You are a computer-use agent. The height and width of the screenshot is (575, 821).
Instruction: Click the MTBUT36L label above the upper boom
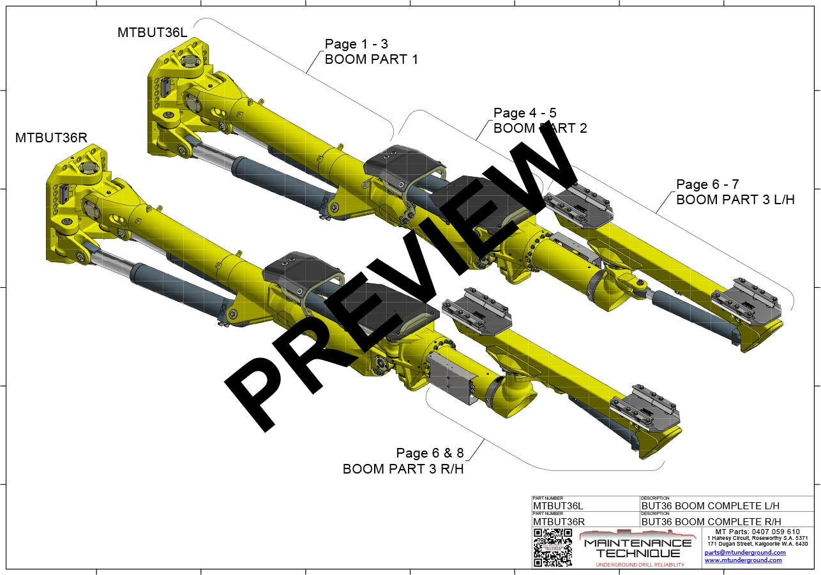pos(153,32)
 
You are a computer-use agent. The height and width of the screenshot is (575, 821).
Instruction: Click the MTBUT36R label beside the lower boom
pos(50,137)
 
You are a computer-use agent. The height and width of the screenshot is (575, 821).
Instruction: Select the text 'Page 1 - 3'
pos(356,44)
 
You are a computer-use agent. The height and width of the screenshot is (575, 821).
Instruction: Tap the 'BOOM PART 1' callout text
pos(372,59)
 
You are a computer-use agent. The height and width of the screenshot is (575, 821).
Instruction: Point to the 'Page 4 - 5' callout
pos(525,114)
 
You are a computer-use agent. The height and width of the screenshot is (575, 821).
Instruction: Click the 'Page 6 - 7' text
pos(707,184)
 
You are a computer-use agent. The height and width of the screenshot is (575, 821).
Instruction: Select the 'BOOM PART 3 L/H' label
pos(735,199)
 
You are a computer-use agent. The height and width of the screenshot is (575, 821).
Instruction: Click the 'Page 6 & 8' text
pos(430,453)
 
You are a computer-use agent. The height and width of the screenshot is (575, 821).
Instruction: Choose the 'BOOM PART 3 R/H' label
pos(403,469)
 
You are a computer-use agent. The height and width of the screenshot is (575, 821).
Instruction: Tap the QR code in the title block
pos(552,548)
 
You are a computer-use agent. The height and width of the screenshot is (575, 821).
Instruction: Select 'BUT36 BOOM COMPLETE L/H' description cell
pos(711,506)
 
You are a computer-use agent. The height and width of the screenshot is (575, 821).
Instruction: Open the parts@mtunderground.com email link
pos(745,552)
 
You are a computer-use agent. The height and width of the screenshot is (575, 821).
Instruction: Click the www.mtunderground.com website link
pos(743,560)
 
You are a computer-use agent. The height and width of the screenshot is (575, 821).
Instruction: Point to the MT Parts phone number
pos(757,532)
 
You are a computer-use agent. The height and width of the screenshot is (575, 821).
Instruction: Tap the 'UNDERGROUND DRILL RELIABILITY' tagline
pos(639,565)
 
